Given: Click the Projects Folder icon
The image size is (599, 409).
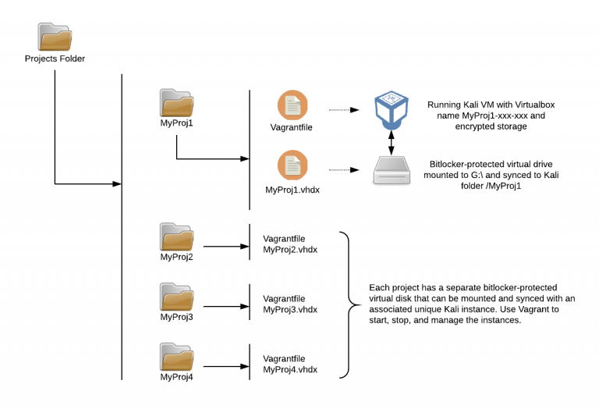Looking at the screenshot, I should [x=55, y=37].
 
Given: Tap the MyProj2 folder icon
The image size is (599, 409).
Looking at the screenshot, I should [x=176, y=237].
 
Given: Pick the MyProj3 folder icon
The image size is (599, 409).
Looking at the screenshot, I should [x=176, y=297].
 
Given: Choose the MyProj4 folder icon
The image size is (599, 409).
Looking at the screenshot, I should [x=176, y=357].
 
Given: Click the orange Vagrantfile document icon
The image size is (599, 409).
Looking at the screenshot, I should [x=293, y=106].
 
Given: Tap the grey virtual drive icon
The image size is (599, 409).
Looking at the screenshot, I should [x=391, y=169].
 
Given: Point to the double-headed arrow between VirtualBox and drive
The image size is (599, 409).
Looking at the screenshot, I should [x=391, y=141].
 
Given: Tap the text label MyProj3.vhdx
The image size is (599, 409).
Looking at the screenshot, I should [x=290, y=309].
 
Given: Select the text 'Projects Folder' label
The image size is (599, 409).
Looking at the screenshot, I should [x=55, y=59].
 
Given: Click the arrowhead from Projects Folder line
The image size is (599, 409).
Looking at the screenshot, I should [x=117, y=184].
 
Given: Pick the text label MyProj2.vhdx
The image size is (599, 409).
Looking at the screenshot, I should [x=290, y=249].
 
